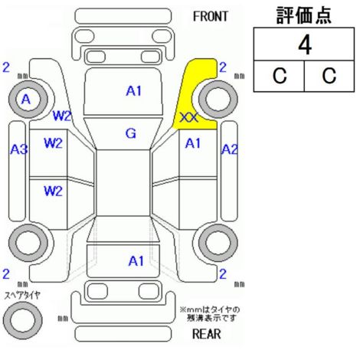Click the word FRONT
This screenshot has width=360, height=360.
pos(210,17)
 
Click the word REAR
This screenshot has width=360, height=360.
pos(206,334)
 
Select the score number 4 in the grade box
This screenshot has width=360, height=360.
pos(305,45)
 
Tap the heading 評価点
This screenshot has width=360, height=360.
pos(304,15)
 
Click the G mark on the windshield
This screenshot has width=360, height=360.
pos(131,133)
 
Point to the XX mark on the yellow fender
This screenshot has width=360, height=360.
pos(188,118)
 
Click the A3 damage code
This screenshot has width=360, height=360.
pos(18,149)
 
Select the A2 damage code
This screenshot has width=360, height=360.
pos(230,149)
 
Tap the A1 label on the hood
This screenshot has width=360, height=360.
pos(134,91)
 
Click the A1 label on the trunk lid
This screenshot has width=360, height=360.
pos(136,261)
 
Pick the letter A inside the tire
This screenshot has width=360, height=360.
pos(26,100)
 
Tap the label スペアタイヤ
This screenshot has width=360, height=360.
pos(22,295)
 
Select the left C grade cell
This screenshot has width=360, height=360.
pos(280,76)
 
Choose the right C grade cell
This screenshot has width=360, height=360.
pos(329,76)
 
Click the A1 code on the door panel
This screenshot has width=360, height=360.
pos(193,143)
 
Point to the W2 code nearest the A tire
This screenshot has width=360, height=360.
pos(61,116)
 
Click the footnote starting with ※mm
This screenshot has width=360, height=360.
pos(210,314)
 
